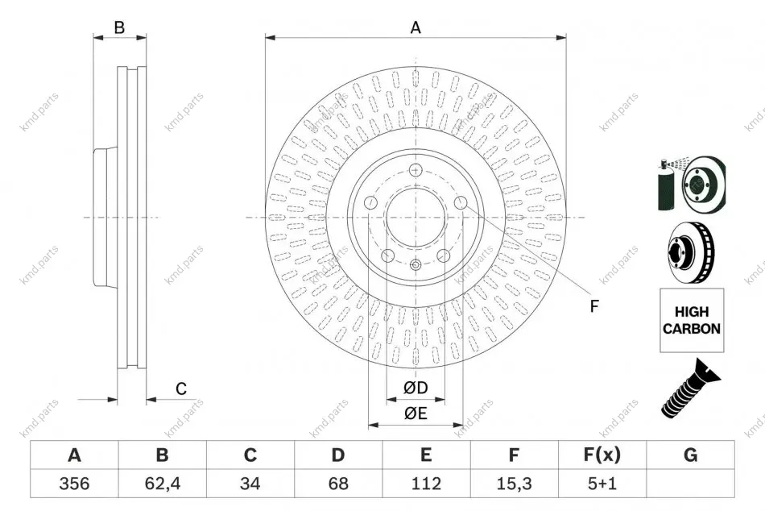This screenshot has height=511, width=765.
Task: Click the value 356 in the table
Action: point(74,483)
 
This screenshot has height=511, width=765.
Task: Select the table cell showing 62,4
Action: point(163,483)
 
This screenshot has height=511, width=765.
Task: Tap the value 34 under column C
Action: point(250,483)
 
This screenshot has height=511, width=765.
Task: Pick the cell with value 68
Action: point(338,483)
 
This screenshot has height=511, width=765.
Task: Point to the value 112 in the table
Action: point(426,483)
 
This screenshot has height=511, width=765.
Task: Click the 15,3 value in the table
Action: point(514,483)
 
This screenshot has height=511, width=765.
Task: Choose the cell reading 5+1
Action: point(602,483)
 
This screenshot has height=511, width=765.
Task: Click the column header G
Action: point(690,455)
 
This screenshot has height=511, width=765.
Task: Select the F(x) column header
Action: point(602,455)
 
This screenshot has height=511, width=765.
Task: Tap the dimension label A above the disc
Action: point(416,27)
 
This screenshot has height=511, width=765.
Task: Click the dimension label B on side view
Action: point(119,27)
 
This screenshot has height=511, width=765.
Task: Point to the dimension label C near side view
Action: point(181,388)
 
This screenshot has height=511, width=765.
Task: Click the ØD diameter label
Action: point(416,388)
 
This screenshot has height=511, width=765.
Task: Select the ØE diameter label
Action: point(416,413)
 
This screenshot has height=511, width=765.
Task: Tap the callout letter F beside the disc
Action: point(593,306)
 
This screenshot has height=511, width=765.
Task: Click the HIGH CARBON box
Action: point(692,320)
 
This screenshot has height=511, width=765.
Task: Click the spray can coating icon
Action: point(691,184)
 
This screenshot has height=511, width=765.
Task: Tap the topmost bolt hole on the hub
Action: point(416,170)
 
